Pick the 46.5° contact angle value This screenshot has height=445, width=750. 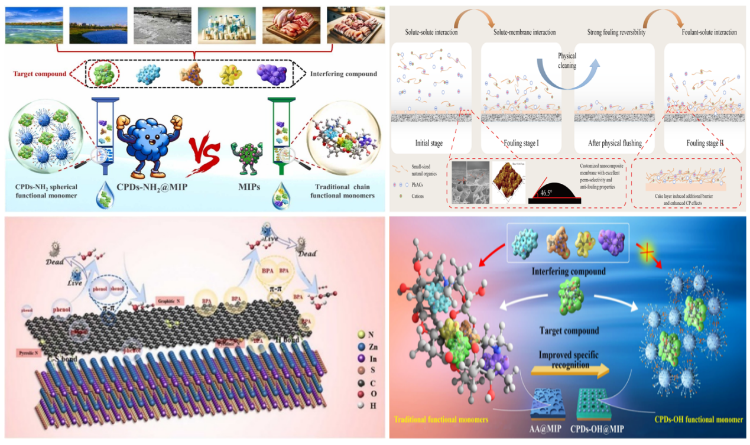[547, 193]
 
